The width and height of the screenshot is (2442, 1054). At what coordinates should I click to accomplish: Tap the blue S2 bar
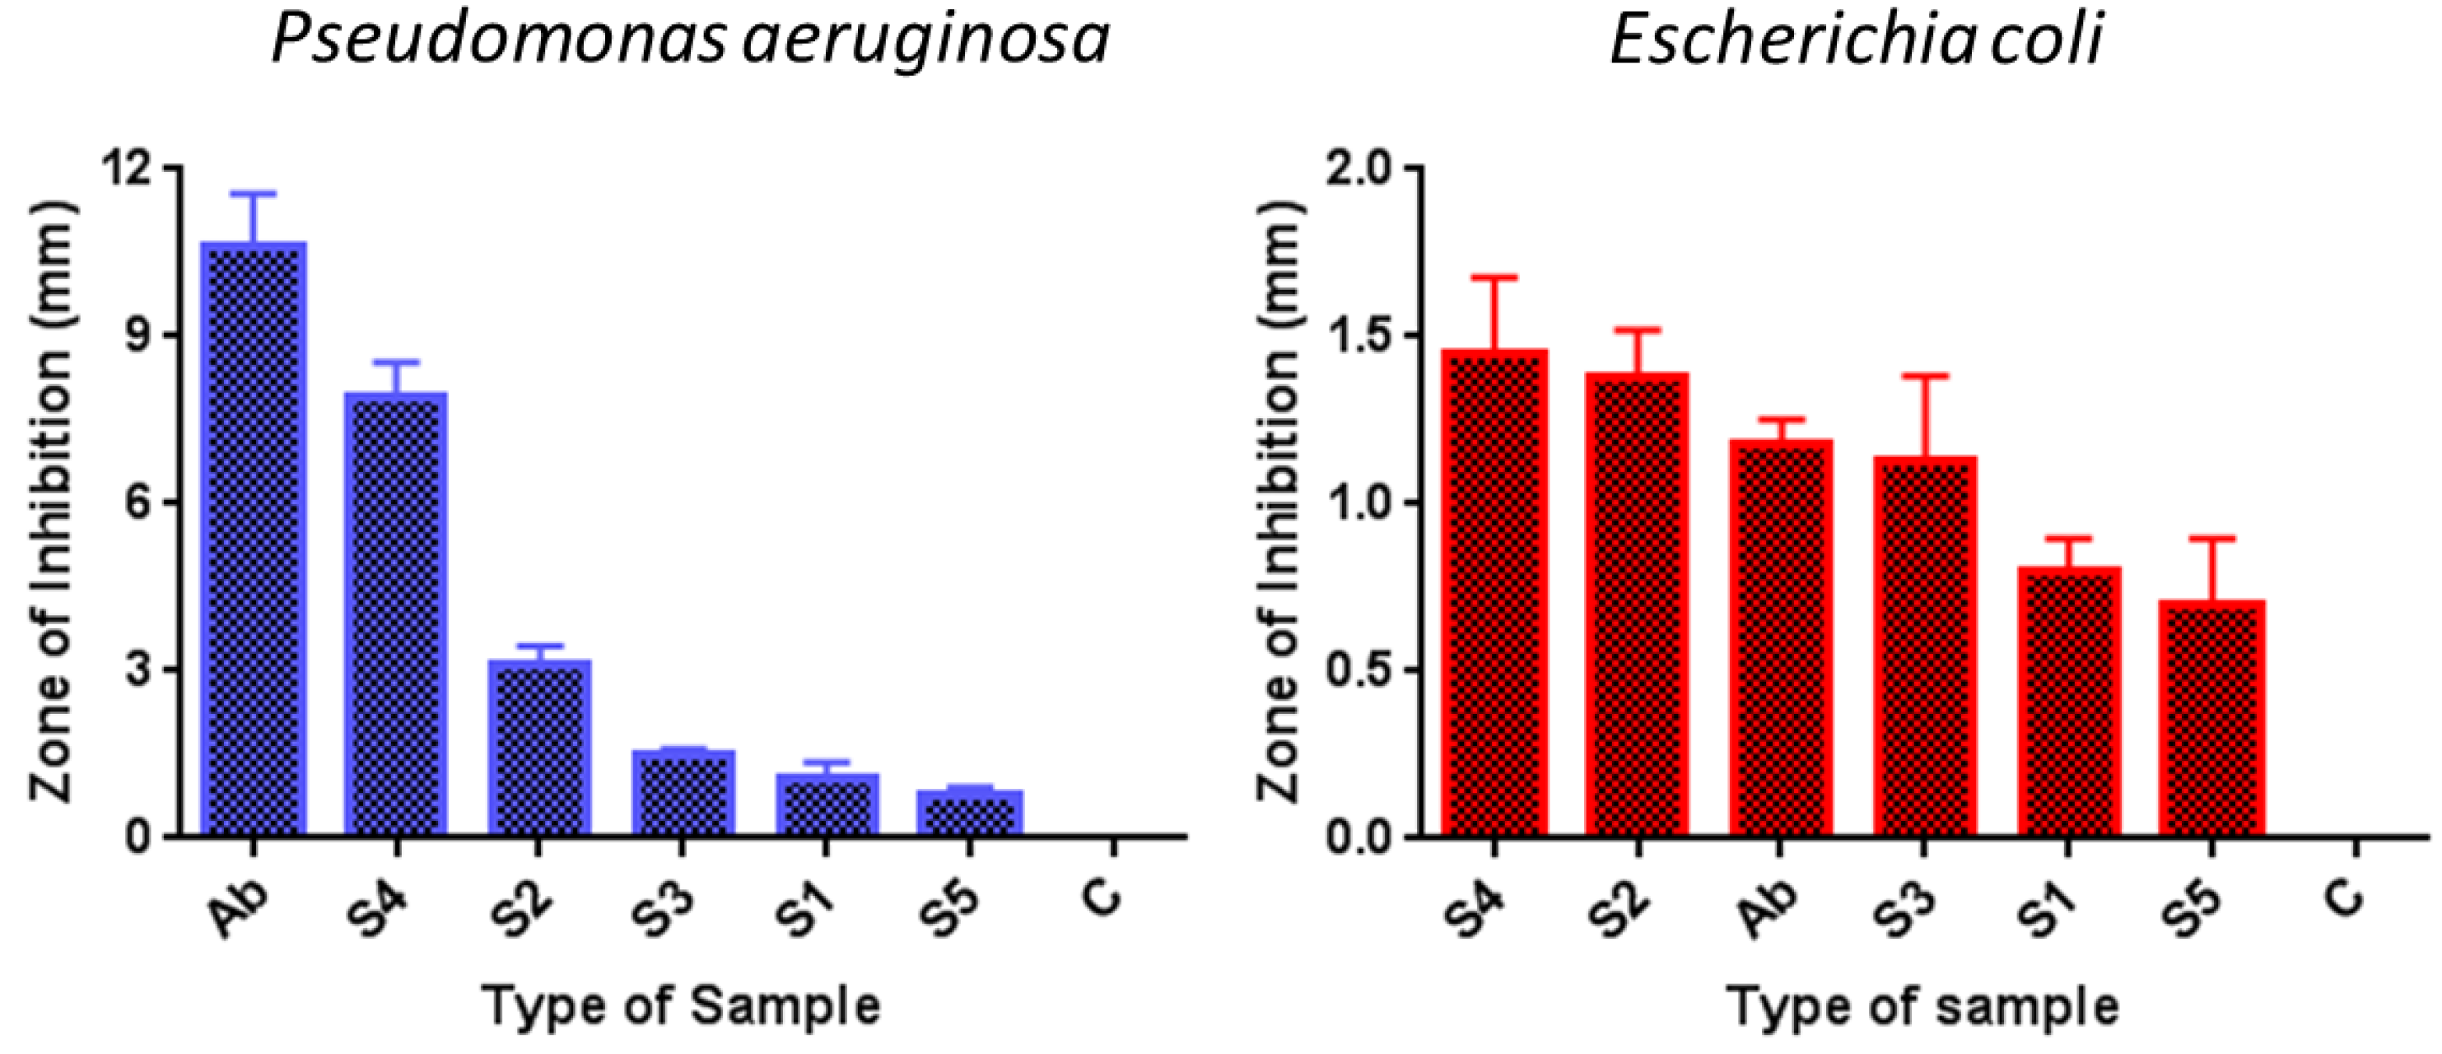pyautogui.click(x=539, y=748)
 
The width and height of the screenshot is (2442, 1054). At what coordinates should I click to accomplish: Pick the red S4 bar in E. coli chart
pyautogui.click(x=1494, y=592)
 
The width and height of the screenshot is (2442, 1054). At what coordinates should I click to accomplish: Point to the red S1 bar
pyautogui.click(x=2067, y=701)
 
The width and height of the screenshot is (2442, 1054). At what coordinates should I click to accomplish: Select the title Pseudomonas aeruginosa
pyautogui.click(x=690, y=42)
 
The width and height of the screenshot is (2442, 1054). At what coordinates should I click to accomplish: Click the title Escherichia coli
pyautogui.click(x=1856, y=42)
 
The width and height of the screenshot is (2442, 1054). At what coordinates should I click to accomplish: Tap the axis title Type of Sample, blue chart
pyautogui.click(x=682, y=1005)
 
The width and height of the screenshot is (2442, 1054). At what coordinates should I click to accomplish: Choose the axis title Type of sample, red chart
pyautogui.click(x=1922, y=1005)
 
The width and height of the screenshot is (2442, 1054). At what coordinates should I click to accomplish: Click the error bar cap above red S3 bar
pyautogui.click(x=1924, y=376)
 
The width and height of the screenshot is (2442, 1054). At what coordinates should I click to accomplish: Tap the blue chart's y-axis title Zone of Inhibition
pyautogui.click(x=52, y=502)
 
